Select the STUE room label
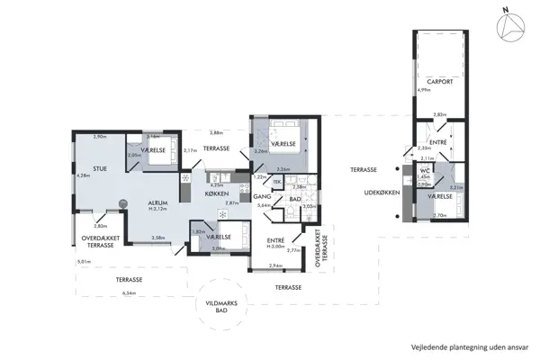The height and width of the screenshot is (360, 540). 87,166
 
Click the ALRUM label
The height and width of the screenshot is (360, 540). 161,203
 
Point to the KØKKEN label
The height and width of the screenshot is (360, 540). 217,194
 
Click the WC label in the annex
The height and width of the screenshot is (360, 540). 425,170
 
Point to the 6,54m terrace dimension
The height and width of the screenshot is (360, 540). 129,292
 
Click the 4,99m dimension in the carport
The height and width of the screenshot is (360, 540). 423,89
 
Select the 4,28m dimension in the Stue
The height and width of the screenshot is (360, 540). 84,175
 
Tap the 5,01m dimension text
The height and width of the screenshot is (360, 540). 85,262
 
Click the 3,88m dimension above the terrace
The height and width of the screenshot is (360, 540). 216,132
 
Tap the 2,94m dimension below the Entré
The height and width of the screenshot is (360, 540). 275,266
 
